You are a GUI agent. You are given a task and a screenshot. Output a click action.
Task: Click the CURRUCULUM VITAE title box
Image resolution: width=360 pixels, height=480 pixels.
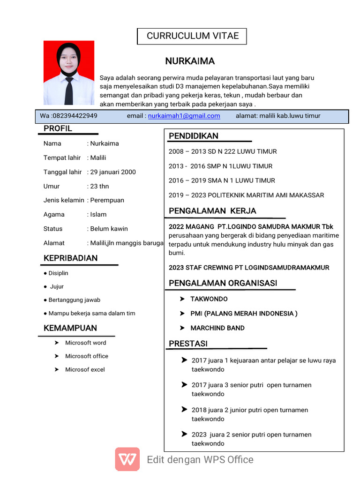pyautogui.click(x=192, y=36)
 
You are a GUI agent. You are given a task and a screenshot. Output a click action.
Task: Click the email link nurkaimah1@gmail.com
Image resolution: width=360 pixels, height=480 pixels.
pyautogui.click(x=184, y=116)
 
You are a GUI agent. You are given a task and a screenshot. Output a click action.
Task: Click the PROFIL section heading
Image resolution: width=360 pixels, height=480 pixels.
pyautogui.click(x=58, y=128)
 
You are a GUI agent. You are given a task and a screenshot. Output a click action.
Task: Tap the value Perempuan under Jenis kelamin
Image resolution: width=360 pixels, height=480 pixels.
pyautogui.click(x=107, y=200)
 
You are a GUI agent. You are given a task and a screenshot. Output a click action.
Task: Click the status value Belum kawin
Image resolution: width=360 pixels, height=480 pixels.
pyautogui.click(x=109, y=229)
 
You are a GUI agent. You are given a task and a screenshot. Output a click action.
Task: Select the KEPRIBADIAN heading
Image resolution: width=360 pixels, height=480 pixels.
pyautogui.click(x=70, y=258)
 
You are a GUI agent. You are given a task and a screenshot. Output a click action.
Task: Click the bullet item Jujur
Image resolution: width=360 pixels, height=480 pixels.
pyautogui.click(x=56, y=286)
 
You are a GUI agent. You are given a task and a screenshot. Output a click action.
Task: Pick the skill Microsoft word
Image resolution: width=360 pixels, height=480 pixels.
pyautogui.click(x=85, y=343)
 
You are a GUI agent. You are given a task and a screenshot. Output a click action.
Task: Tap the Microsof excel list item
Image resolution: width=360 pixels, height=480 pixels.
pyautogui.click(x=85, y=369)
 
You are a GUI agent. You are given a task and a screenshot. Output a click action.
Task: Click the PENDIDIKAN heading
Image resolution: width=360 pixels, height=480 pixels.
pyautogui.click(x=194, y=136)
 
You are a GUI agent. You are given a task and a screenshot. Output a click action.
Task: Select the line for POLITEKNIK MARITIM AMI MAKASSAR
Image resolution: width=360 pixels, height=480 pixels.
pyautogui.click(x=246, y=195)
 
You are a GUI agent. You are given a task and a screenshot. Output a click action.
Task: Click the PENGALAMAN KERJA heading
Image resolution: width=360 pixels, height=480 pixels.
pyautogui.click(x=212, y=211)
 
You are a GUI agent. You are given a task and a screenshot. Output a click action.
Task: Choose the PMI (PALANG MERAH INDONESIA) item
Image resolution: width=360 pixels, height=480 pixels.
pyautogui.click(x=243, y=314)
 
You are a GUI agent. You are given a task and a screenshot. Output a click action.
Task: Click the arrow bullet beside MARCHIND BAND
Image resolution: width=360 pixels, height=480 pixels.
pyautogui.click(x=182, y=328)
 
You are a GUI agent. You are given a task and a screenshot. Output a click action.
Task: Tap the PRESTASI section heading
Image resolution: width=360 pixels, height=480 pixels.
pyautogui.click(x=188, y=344)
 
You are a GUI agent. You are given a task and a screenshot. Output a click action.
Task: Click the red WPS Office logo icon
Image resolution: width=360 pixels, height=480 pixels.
pyautogui.click(x=127, y=459)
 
